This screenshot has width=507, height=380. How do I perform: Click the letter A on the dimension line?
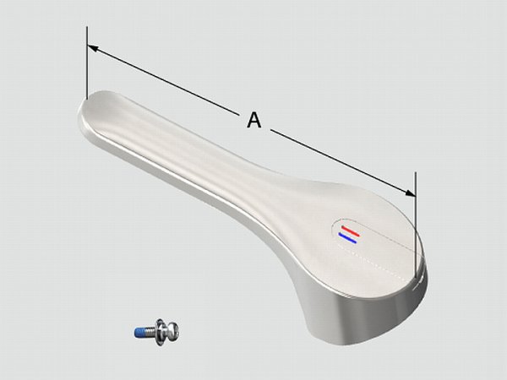point(254,120)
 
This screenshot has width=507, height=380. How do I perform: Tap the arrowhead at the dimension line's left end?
point(92,48)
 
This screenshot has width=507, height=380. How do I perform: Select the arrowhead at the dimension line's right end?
point(410,193)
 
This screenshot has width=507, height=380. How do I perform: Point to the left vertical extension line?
point(87,62)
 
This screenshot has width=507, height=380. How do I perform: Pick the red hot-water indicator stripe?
point(350,231)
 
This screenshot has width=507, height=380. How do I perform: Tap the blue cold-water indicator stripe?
point(347,238)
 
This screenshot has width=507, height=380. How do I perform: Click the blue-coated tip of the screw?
point(139,333)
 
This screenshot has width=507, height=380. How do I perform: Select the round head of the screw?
point(172,330)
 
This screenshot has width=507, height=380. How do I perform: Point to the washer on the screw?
point(160,332)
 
